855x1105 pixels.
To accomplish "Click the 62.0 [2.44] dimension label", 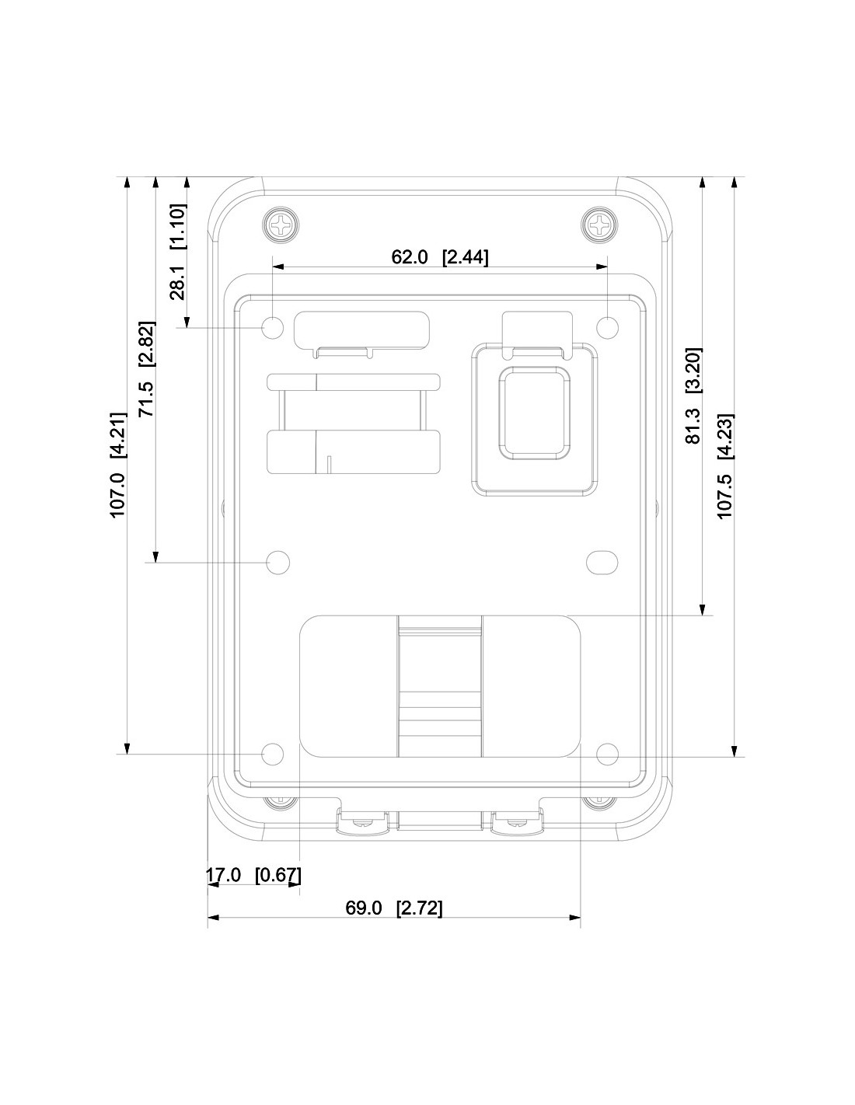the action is pos(439,256).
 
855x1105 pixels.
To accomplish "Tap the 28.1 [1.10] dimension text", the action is pos(177,252).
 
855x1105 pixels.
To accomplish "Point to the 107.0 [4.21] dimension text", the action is pos(117,465).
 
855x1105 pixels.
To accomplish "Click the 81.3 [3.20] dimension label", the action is pos(693,396).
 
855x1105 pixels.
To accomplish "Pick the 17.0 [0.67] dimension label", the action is pos(253,875).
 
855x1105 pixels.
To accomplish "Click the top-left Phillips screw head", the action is pos(281,225).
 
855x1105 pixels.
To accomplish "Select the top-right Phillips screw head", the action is pos(600,225).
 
